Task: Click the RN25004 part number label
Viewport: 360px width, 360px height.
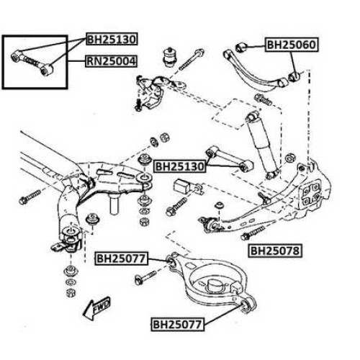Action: pyautogui.click(x=112, y=61)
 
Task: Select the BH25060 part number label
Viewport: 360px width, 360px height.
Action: pyautogui.click(x=292, y=45)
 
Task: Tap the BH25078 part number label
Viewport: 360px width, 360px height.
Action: pyautogui.click(x=275, y=251)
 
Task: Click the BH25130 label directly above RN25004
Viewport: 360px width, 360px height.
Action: pyautogui.click(x=112, y=39)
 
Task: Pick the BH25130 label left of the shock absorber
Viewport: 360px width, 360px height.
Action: pyautogui.click(x=180, y=166)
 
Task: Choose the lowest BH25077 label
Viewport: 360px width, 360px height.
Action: pyautogui.click(x=178, y=325)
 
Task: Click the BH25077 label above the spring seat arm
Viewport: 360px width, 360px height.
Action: pyautogui.click(x=121, y=258)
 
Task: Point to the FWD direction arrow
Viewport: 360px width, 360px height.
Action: pyautogui.click(x=96, y=308)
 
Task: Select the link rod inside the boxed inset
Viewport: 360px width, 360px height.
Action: pyautogui.click(x=32, y=63)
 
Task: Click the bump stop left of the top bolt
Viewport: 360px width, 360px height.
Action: pyautogui.click(x=170, y=58)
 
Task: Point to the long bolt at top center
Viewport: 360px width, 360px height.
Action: pyautogui.click(x=192, y=60)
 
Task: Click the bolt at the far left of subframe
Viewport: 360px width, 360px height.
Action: pyautogui.click(x=30, y=197)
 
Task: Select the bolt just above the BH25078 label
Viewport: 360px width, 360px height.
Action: pyautogui.click(x=253, y=233)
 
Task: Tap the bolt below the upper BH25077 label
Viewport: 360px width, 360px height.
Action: pyautogui.click(x=145, y=277)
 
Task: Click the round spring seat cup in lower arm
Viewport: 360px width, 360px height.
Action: pyautogui.click(x=214, y=284)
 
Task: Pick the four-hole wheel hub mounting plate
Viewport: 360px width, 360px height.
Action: pyautogui.click(x=311, y=194)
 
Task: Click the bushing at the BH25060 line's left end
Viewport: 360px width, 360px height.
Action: pyautogui.click(x=240, y=48)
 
